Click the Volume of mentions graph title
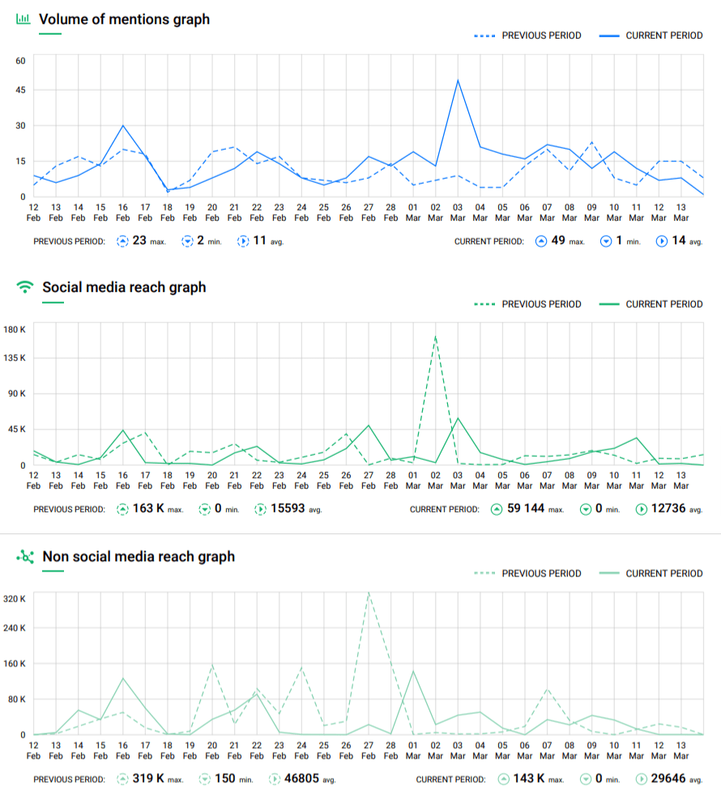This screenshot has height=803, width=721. [124, 19]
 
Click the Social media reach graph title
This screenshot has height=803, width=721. [124, 287]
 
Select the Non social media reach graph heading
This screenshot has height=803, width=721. [139, 556]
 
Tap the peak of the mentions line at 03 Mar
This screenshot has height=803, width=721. [458, 80]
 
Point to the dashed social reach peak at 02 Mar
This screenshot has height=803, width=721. [436, 335]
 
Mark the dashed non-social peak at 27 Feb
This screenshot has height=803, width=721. [369, 593]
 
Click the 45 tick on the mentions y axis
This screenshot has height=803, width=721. [20, 90]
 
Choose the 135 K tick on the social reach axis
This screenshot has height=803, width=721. [15, 358]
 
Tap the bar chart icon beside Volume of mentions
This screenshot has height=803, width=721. [23, 19]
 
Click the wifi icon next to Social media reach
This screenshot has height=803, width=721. [25, 287]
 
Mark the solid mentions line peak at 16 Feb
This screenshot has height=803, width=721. [123, 125]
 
